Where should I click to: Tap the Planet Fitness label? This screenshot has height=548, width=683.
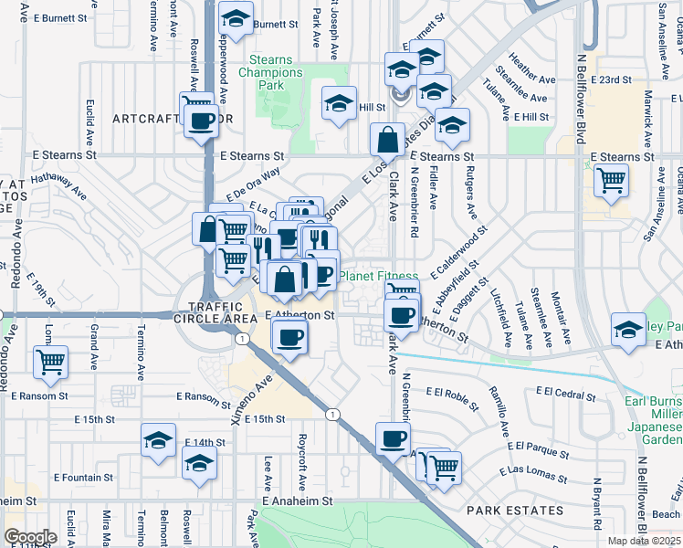click(379, 276)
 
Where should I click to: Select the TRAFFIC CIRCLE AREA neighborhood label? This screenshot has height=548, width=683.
click(220, 312)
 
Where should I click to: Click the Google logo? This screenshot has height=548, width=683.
click(29, 537)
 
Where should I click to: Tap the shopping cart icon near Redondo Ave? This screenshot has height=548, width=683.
click(51, 361)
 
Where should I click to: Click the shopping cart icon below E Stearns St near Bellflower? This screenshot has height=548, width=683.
click(611, 179)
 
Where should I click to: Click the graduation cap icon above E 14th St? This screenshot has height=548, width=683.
click(159, 439)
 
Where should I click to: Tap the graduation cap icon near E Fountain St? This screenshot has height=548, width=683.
click(199, 464)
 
